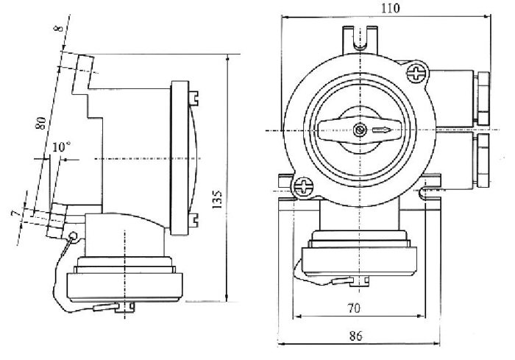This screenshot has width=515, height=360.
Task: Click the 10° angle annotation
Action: click(62, 147)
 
